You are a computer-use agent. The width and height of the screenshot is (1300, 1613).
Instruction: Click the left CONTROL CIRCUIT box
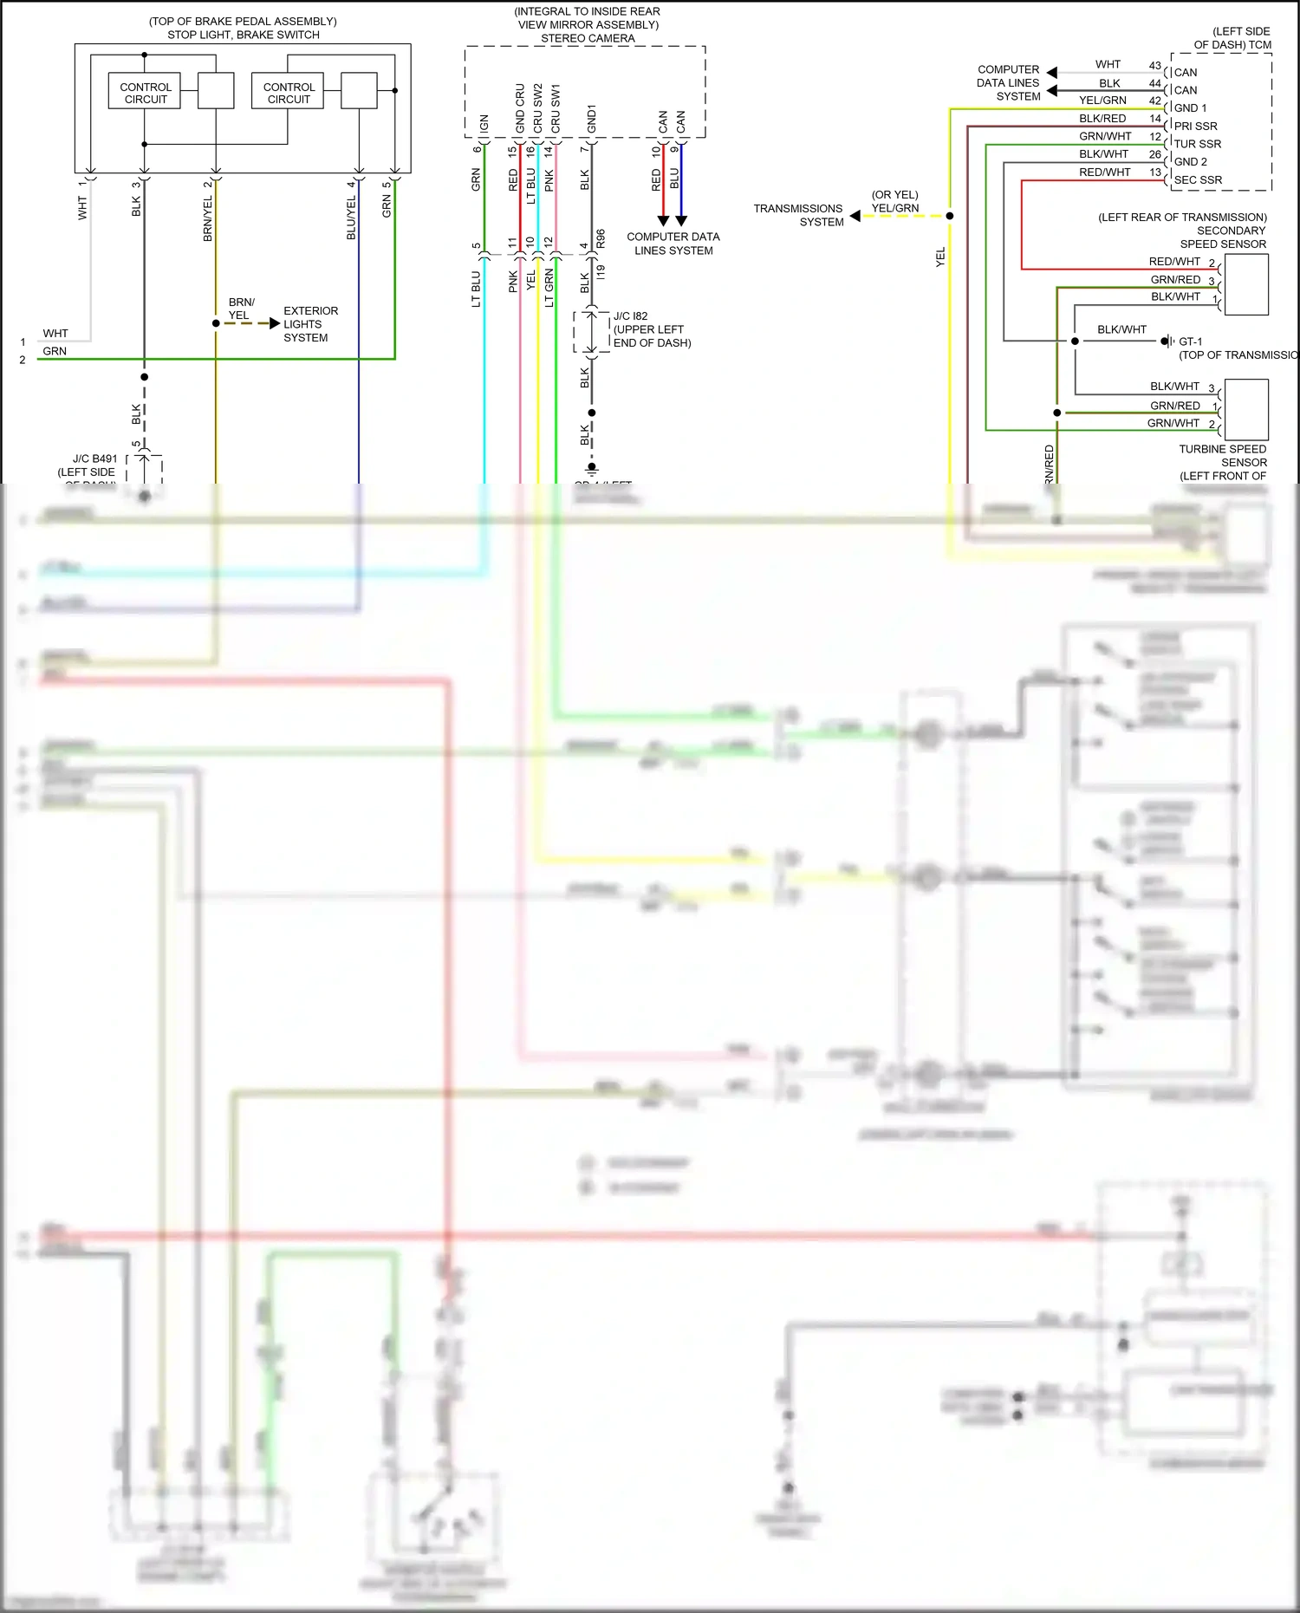point(145,91)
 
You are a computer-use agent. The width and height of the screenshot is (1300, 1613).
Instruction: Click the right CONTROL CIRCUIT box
point(288,91)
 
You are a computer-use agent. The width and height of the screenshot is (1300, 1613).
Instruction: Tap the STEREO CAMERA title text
point(588,38)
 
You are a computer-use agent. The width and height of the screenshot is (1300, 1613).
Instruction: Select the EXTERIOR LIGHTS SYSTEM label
point(310,324)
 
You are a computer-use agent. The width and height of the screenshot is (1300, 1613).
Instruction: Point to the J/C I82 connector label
point(630,316)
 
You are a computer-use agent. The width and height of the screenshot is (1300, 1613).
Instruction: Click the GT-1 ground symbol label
point(1190,341)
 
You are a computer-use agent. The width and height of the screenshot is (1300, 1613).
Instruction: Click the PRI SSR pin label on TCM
point(1195,126)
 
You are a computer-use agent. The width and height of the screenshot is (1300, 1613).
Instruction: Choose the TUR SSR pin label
point(1197,144)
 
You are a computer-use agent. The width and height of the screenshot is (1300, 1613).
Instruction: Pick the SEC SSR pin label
point(1198,180)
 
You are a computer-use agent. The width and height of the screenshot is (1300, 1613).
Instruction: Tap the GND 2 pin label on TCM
point(1190,162)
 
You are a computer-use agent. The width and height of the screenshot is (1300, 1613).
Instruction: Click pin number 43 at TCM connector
point(1154,66)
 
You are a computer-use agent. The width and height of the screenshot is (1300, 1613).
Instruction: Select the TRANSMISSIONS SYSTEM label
point(798,215)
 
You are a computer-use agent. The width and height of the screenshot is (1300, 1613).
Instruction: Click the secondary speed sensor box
point(1246,284)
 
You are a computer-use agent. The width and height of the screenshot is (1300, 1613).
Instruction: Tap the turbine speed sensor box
point(1246,410)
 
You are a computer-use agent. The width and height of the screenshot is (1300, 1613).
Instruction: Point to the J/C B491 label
point(94,459)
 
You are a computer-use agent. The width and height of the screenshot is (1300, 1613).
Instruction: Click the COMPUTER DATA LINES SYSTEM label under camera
point(673,244)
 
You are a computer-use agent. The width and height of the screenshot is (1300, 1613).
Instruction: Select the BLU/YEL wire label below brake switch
point(351,218)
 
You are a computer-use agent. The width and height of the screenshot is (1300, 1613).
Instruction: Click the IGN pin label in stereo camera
point(484,123)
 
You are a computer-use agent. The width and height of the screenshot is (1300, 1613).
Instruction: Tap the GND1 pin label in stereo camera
point(591,119)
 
